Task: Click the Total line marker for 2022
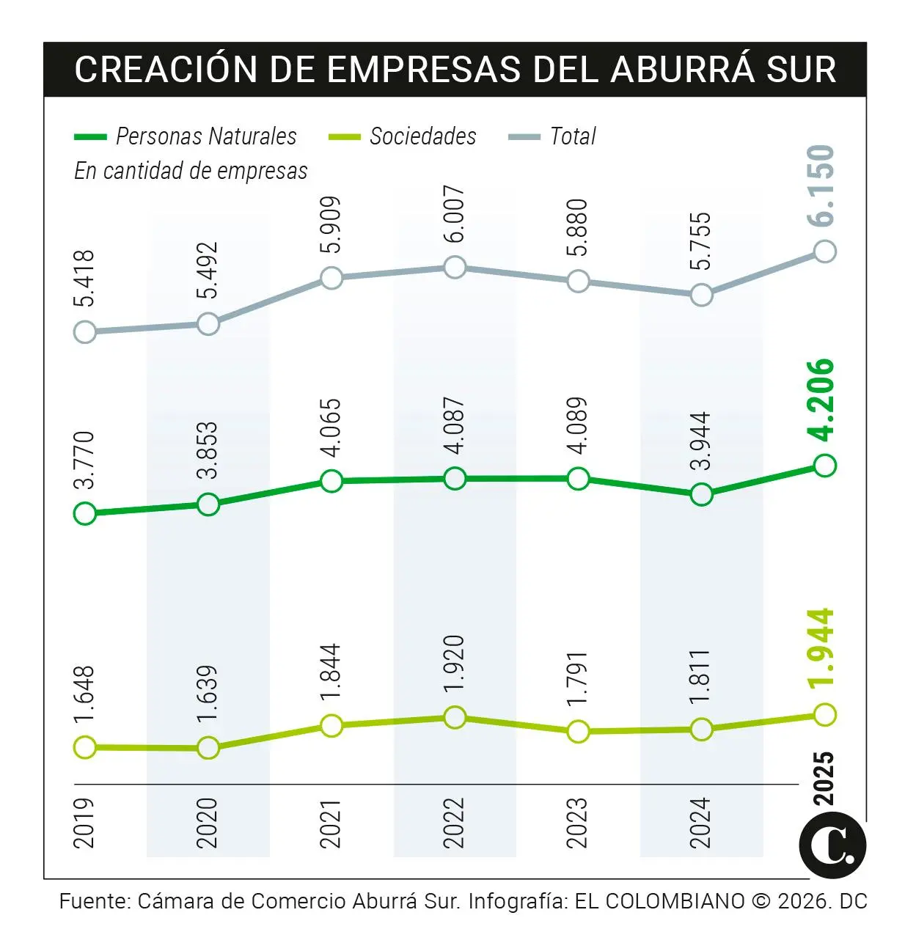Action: coord(455,268)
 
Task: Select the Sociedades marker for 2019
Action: coord(85,747)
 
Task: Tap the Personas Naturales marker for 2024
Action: coord(701,495)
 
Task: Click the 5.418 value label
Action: coord(85,279)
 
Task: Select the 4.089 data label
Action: coord(578,426)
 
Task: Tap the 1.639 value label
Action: coord(208,694)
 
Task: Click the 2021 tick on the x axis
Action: coord(331,823)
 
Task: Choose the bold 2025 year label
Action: coord(824,777)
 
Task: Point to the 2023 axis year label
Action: coord(578,823)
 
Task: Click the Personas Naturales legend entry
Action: coord(205,136)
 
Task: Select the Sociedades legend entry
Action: coord(422,136)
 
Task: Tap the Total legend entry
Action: coord(572,136)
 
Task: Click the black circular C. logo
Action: coord(832,845)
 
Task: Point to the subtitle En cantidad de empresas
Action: coord(191,171)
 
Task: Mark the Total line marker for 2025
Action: coord(825,251)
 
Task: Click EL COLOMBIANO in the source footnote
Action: coord(659,901)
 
